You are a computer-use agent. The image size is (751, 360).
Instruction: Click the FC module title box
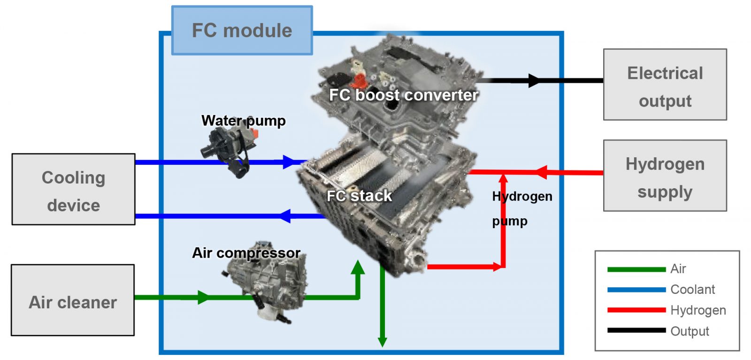[242, 31]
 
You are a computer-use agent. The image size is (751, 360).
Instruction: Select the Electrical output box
[665, 85]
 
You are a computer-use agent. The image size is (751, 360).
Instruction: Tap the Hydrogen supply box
[665, 176]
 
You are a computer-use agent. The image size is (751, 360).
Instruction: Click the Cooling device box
[73, 190]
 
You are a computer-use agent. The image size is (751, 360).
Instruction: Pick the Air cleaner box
[73, 300]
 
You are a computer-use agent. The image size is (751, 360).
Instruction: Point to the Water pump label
[243, 121]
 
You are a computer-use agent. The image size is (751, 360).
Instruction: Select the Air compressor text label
[246, 253]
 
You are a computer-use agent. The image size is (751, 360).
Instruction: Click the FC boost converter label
[403, 95]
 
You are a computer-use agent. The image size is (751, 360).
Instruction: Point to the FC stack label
[359, 196]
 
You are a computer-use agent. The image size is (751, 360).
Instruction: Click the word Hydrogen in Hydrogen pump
[522, 196]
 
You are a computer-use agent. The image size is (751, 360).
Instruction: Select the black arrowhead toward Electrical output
[534, 81]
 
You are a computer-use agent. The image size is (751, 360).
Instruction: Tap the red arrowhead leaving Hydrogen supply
[541, 172]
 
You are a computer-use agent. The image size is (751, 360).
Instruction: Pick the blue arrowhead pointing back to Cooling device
[285, 216]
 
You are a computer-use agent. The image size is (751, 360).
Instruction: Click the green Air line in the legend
[636, 269]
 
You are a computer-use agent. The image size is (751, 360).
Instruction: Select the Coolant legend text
[692, 290]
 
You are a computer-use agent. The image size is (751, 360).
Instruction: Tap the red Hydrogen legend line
[636, 310]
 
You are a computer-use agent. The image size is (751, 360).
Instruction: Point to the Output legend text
[690, 331]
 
